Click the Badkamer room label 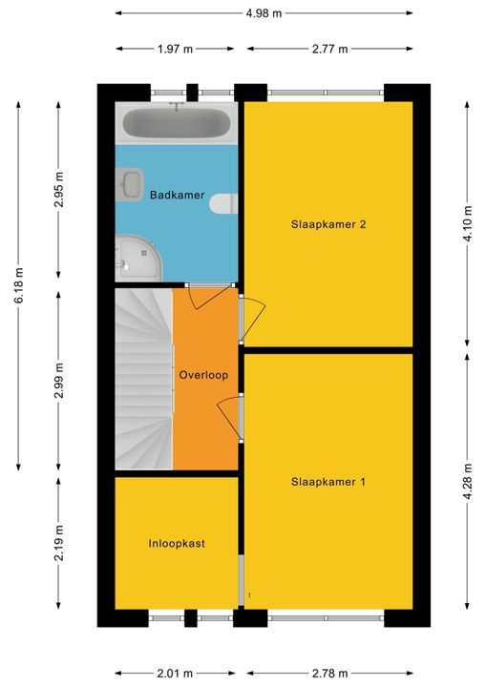pos(178,195)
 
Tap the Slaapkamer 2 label pos(328,224)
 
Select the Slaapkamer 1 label pos(328,482)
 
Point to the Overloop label pos(203,375)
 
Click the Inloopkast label pos(177,544)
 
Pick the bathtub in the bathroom pos(177,123)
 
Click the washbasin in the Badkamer pos(130,184)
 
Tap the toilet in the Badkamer pos(223,204)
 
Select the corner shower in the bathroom pos(138,259)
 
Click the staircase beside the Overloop pos(144,379)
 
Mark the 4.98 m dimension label pos(264,13)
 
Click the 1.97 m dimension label pos(175,49)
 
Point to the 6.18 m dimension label pos(18,285)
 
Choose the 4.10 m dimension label pos(468,223)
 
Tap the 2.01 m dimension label pos(175,673)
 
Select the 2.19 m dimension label pos(59,543)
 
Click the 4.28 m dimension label pos(468,481)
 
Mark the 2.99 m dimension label pos(59,381)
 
